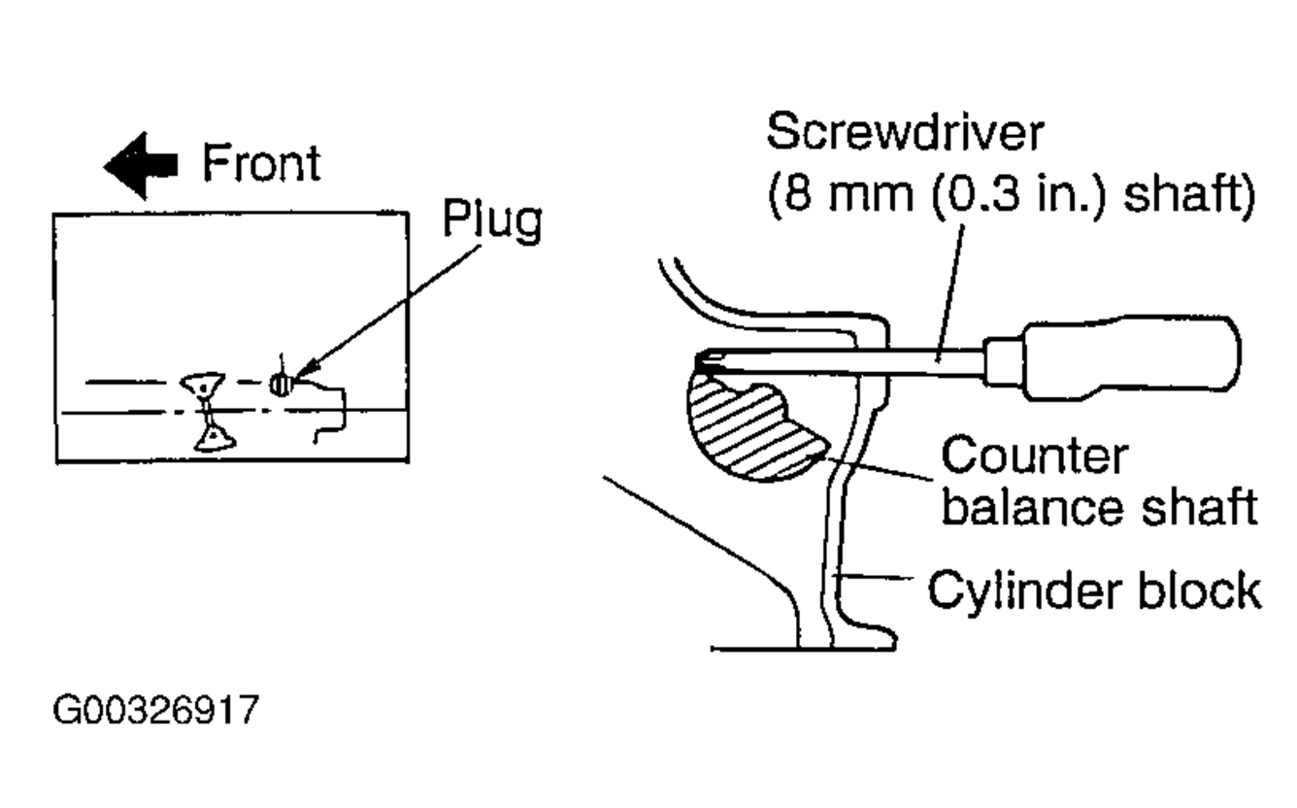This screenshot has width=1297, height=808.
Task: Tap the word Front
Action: (260, 164)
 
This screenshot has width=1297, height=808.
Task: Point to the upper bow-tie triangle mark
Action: (203, 382)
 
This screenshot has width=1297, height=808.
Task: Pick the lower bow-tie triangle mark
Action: (211, 440)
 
